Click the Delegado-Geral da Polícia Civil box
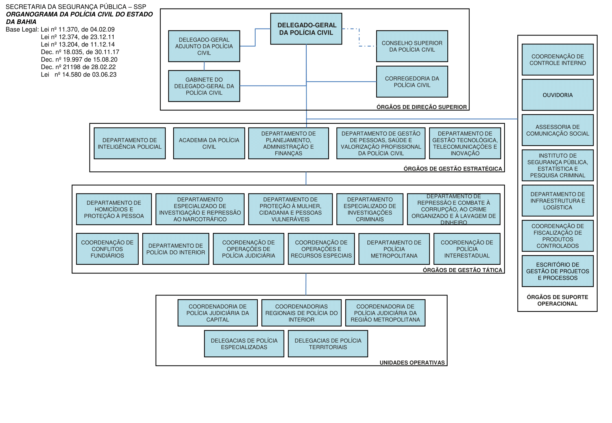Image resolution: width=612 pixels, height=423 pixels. [306, 29]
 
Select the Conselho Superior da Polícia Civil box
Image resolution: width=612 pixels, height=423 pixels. [412, 46]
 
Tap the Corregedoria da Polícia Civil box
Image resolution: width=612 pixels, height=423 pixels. [412, 82]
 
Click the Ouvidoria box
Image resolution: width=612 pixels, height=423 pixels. [557, 95]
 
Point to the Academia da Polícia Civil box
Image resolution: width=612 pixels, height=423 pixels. [209, 143]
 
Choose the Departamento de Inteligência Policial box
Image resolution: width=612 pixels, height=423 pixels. [130, 143]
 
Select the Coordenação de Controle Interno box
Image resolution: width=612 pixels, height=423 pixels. [557, 60]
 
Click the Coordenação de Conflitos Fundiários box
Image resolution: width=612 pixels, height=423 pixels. [107, 249]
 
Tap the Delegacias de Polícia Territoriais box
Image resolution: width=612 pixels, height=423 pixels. [328, 344]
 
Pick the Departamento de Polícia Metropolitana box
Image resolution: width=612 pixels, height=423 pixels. [394, 249]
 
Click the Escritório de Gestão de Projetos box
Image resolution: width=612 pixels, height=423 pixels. [557, 271]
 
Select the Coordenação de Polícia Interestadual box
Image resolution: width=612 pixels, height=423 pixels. [467, 249]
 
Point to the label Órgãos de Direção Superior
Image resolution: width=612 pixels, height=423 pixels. [421, 107]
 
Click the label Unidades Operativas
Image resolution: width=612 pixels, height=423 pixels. [412, 363]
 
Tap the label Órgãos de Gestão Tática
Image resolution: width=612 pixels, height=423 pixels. [462, 270]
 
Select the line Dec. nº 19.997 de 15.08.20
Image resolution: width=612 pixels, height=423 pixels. [79, 60]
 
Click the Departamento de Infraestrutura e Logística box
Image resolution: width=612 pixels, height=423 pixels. [557, 201]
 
